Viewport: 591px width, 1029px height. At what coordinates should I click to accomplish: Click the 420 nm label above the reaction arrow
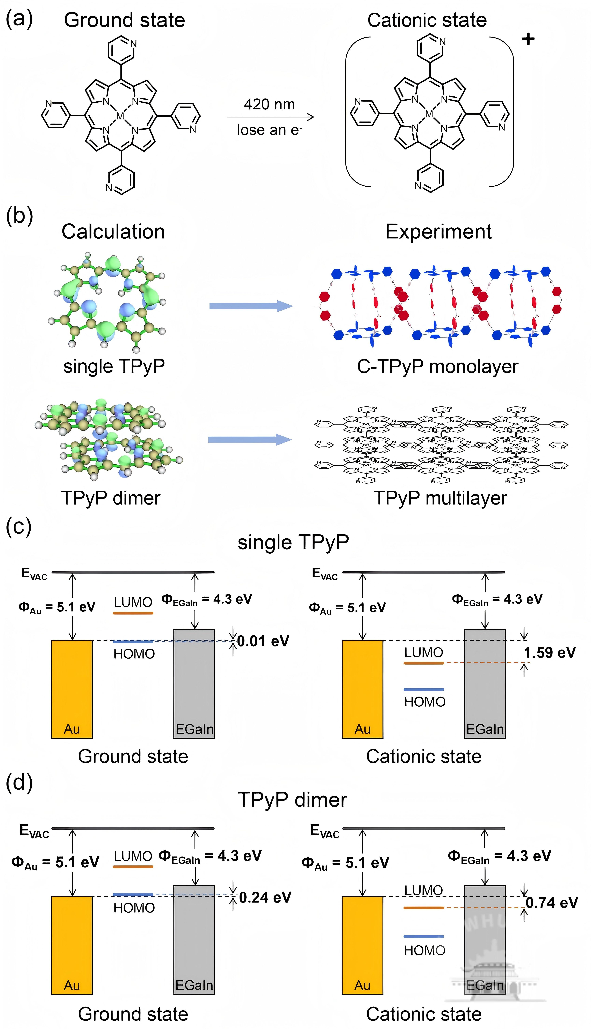tap(269, 104)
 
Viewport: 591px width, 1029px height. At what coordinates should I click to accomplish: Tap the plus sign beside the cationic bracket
tap(528, 39)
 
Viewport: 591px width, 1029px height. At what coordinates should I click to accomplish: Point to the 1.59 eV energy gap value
tap(550, 653)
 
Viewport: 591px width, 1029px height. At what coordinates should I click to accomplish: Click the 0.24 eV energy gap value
tap(265, 897)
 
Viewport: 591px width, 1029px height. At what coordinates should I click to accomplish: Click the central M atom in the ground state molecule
tap(120, 116)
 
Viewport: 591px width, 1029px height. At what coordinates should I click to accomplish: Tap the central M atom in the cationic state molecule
tap(429, 115)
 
